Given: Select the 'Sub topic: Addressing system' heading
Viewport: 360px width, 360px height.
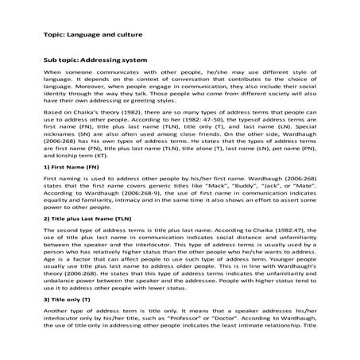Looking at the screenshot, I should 96,60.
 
